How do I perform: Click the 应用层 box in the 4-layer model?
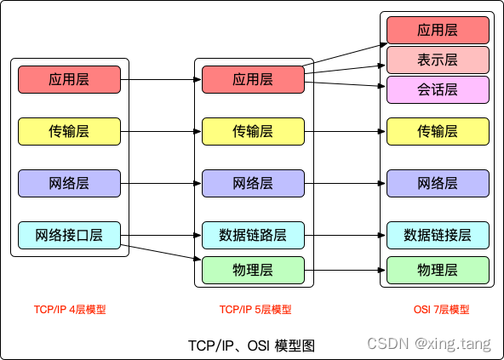pos(69,80)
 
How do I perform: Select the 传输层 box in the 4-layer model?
pos(69,131)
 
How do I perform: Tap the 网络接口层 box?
pos(69,234)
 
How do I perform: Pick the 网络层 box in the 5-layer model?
pos(253,183)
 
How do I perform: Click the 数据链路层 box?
pos(253,234)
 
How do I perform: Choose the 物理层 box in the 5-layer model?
pos(253,270)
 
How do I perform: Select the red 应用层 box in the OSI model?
pos(438,30)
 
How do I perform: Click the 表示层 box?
pos(438,60)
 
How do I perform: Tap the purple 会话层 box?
pos(438,89)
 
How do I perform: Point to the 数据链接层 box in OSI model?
pos(438,234)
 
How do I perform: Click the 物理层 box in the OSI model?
pos(438,270)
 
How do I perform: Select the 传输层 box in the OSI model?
pos(438,131)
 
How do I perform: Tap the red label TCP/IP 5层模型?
pos(255,310)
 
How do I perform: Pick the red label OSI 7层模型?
pos(438,310)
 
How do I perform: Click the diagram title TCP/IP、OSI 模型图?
pos(251,345)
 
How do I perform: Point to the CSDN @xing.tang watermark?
pos(428,344)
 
